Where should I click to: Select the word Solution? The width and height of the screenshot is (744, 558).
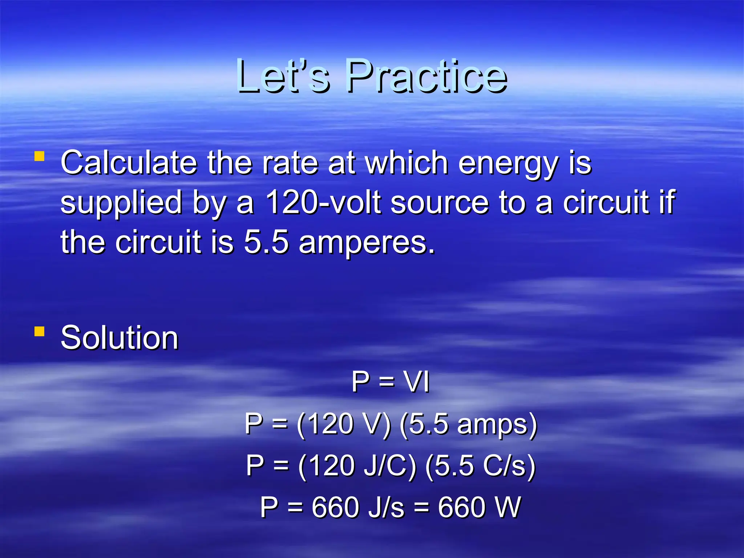(120, 338)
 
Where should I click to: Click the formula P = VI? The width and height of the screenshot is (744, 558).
(391, 382)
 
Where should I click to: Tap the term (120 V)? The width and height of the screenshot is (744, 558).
(344, 424)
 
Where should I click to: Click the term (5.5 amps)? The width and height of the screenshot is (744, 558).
(468, 424)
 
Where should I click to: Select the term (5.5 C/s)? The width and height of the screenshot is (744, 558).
(480, 466)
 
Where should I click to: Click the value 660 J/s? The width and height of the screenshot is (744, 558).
(357, 507)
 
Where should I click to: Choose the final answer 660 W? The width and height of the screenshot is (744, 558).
(480, 507)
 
